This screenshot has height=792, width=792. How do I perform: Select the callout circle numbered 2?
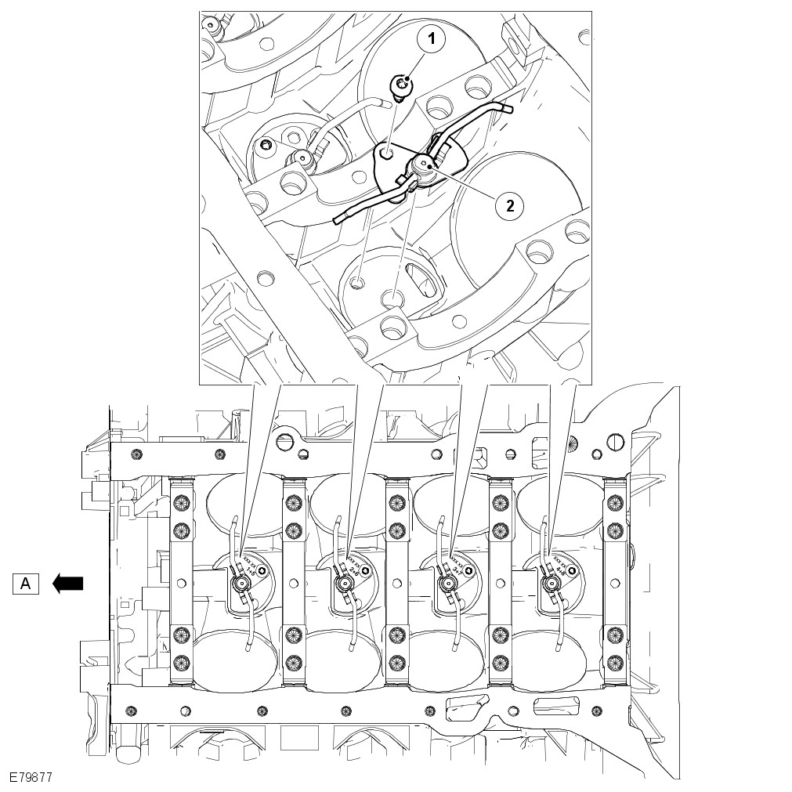click(x=510, y=205)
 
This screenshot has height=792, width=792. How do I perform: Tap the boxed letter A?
click(x=26, y=583)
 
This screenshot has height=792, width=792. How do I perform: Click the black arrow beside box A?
click(x=67, y=583)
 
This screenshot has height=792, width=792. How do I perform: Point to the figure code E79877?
click(x=31, y=779)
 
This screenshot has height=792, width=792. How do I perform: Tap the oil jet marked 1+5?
click(x=239, y=584)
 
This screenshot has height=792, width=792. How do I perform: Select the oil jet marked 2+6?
click(x=342, y=584)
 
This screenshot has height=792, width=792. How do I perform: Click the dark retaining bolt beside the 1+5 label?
click(x=262, y=573)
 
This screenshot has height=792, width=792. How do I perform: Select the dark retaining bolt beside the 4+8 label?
click(x=572, y=573)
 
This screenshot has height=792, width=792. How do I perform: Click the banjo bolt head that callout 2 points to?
click(x=424, y=165)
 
